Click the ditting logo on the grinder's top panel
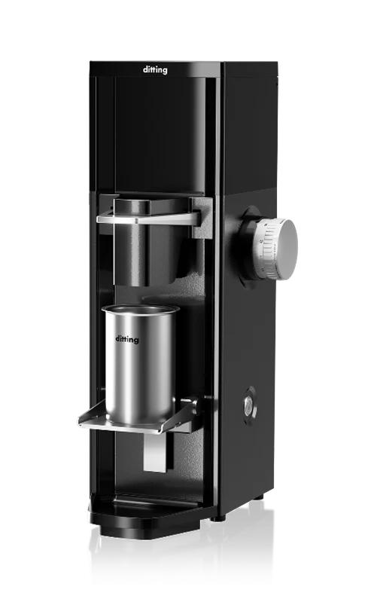tap(155, 70)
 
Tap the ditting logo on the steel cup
tap(127, 339)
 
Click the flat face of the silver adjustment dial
tap(287, 249)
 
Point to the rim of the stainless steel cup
tap(141, 309)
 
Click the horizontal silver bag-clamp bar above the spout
tap(148, 219)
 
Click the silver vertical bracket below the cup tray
tap(155, 452)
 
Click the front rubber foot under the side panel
tap(219, 518)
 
